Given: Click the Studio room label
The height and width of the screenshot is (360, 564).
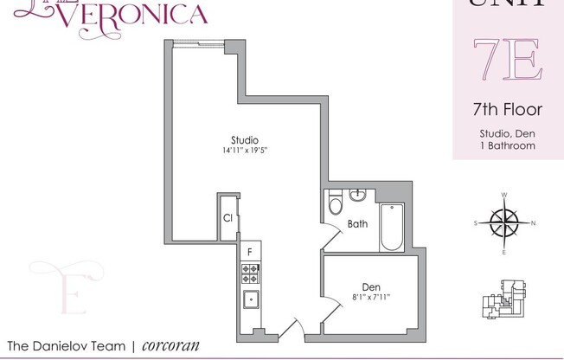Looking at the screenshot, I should click(x=245, y=140).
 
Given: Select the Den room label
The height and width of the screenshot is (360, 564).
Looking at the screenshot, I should click(x=372, y=288).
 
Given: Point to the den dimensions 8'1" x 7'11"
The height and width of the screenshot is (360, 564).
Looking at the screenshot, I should click(x=372, y=299).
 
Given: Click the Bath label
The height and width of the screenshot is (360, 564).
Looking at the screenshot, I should click(x=357, y=224).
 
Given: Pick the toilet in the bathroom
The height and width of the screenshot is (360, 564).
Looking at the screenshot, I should click(x=337, y=205).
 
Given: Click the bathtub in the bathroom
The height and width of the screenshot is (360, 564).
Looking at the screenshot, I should click(x=392, y=228).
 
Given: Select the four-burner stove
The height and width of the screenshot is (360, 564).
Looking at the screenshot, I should click(x=250, y=274).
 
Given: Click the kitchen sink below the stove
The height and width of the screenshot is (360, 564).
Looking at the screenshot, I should click(x=250, y=301).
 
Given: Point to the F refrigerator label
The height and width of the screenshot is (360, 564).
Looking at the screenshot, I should click(x=250, y=252).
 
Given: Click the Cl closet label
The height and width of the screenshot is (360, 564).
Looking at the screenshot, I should click(x=227, y=218).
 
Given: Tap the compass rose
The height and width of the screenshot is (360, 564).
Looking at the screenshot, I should click(x=503, y=223).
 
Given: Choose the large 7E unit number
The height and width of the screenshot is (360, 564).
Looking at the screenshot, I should click(x=507, y=58).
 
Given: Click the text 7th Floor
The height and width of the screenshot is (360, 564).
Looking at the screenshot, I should click(x=507, y=110).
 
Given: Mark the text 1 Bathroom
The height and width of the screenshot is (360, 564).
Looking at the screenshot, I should click(x=507, y=145).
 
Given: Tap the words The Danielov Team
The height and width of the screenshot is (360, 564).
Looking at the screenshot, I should click(x=62, y=345).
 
